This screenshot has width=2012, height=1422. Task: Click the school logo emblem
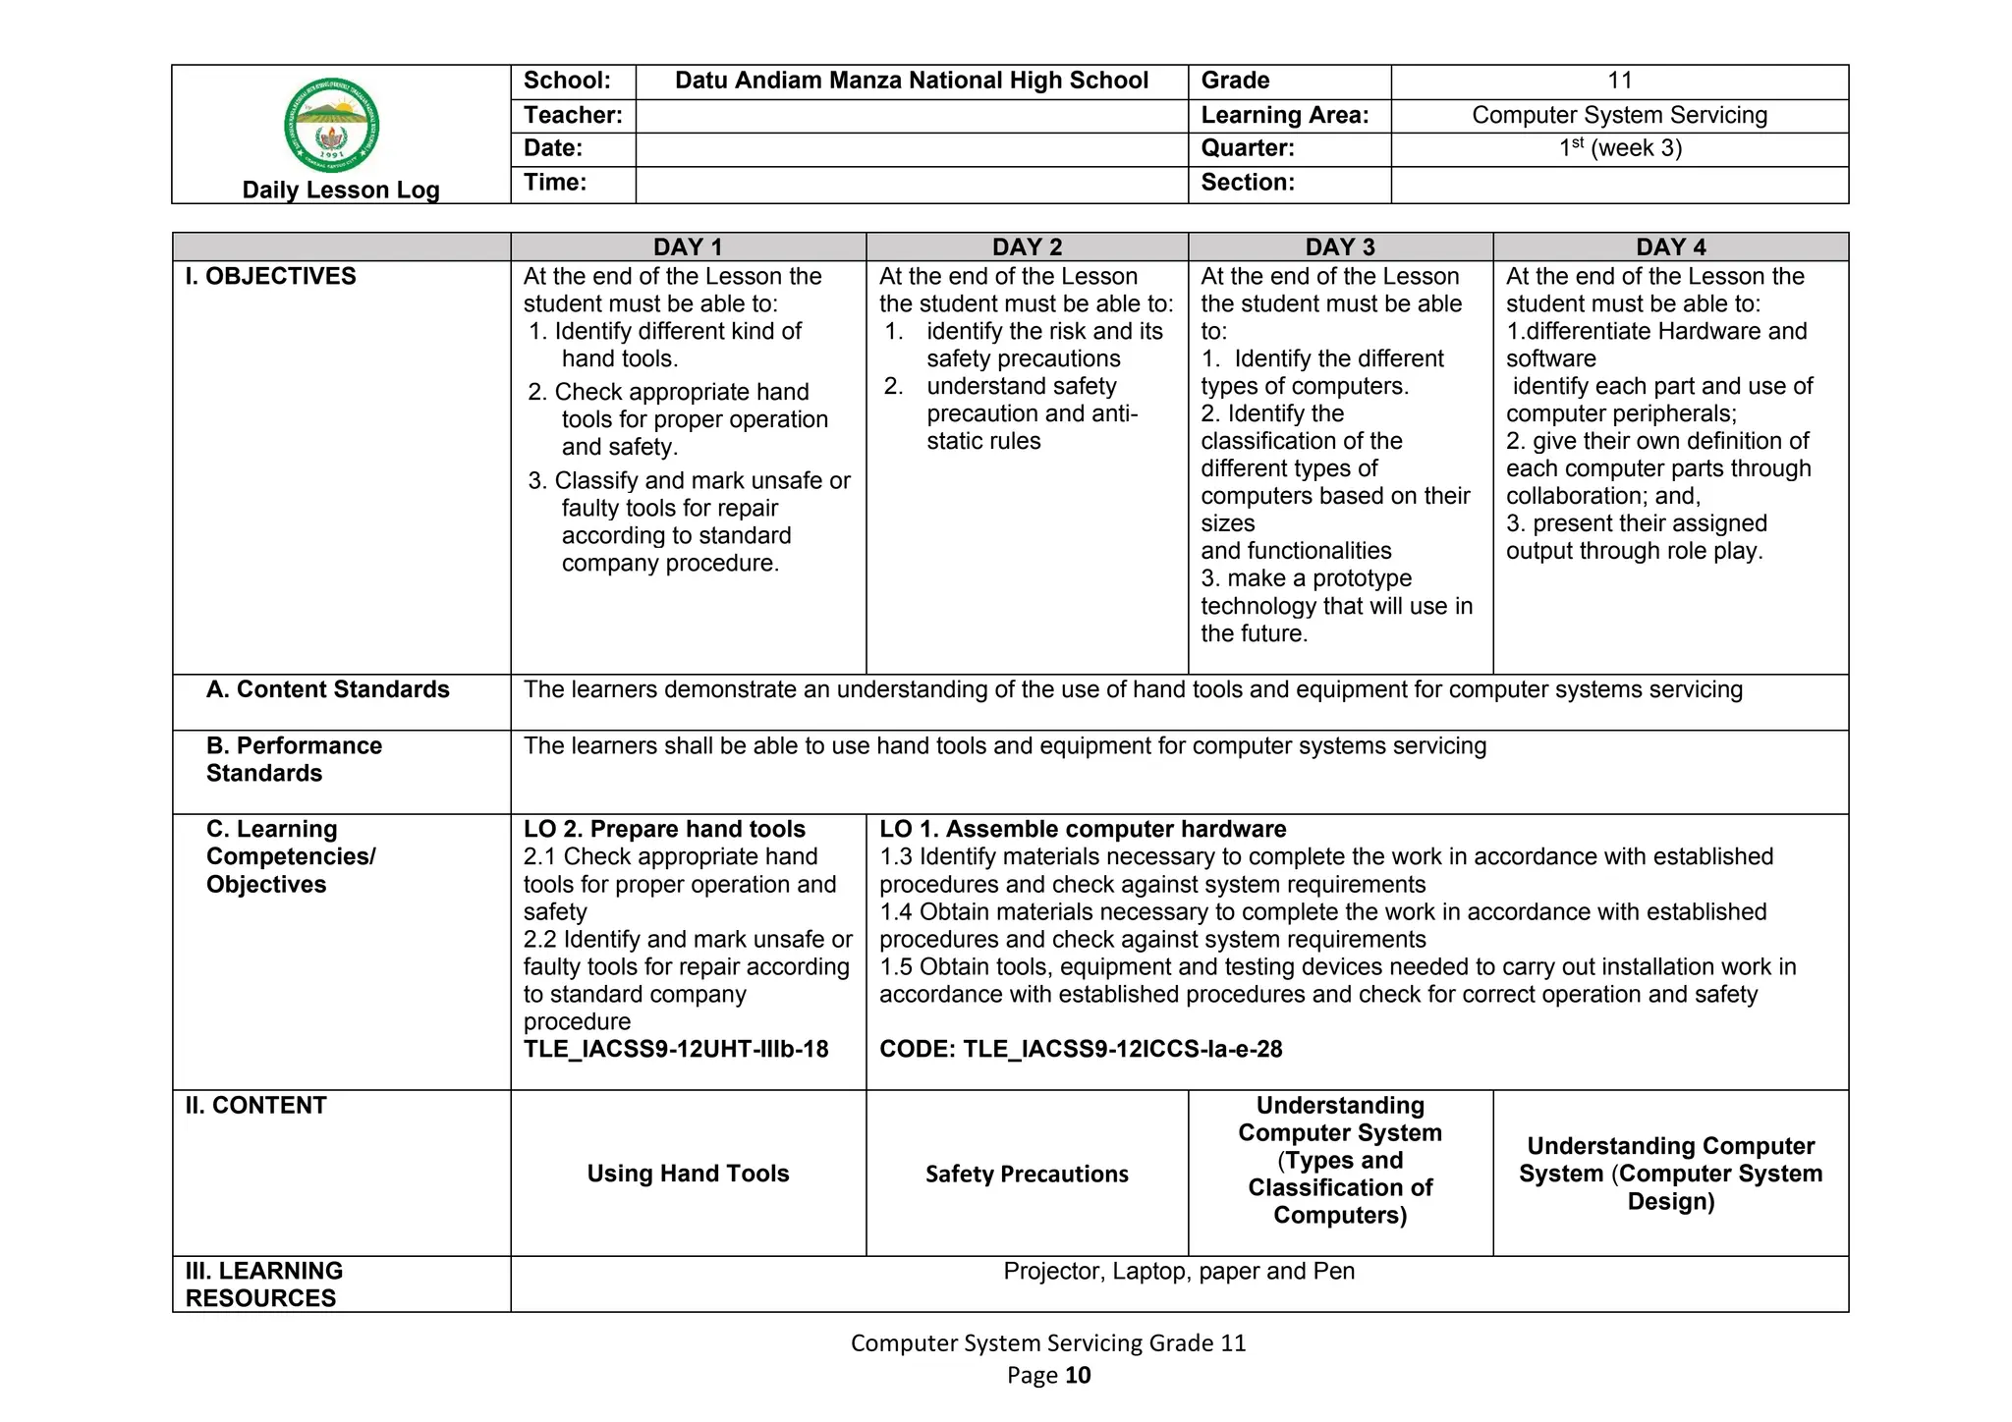(332, 126)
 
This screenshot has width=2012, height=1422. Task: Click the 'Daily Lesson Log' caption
(341, 190)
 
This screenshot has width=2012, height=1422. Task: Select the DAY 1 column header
(688, 246)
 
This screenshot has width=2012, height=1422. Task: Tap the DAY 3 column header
(1340, 246)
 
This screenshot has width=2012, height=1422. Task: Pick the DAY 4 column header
(1670, 246)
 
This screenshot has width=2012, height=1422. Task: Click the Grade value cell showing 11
(1619, 81)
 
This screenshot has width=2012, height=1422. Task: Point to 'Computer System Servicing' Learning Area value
(1619, 115)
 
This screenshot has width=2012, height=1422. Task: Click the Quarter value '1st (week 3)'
(1619, 148)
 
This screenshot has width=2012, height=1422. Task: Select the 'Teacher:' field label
(573, 115)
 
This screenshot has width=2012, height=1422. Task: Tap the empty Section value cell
(1619, 184)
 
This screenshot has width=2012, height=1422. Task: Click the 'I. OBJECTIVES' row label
(271, 276)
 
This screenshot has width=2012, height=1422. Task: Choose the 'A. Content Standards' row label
(328, 689)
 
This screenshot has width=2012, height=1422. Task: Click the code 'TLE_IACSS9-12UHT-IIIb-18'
(676, 1049)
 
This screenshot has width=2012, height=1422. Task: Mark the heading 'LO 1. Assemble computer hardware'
(1083, 829)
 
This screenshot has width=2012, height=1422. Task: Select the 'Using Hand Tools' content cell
(688, 1174)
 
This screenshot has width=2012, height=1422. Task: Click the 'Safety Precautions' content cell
(1027, 1174)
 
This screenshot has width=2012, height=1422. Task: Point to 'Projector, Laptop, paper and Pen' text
(1179, 1271)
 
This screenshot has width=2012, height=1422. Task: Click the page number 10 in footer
(1078, 1375)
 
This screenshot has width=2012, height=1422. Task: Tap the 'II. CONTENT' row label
(256, 1105)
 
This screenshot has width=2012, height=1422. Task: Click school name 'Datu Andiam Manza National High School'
(912, 81)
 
